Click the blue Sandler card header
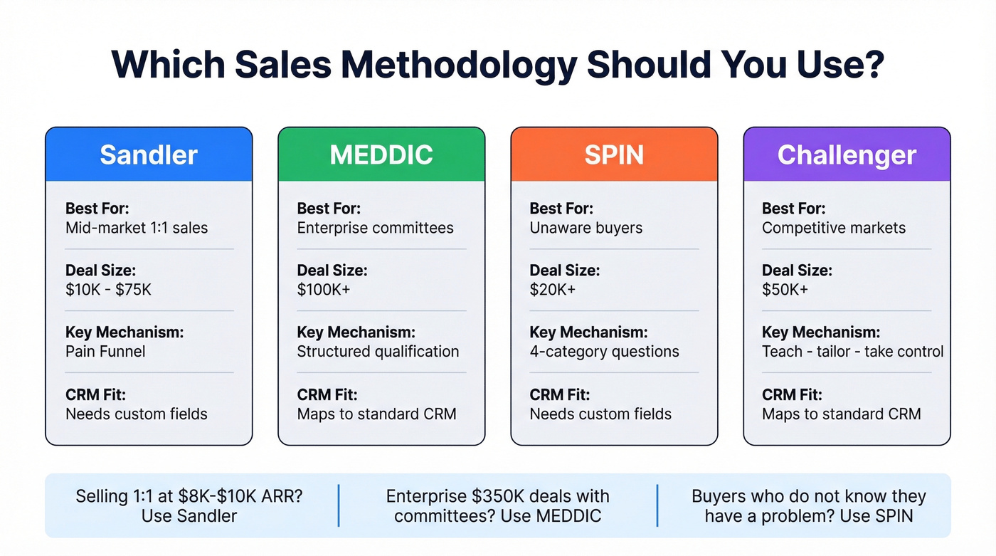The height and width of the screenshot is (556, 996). click(x=149, y=154)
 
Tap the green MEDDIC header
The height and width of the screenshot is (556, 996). click(x=381, y=154)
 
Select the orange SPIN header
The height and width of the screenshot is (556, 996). click(x=614, y=154)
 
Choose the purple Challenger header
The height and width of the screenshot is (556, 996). click(x=847, y=154)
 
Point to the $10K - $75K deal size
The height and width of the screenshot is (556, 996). click(x=109, y=290)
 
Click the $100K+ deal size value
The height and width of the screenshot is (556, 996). click(x=324, y=290)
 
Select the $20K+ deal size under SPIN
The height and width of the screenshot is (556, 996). click(x=553, y=290)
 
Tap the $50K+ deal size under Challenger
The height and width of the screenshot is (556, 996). click(x=785, y=290)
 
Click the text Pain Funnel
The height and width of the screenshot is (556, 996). click(x=105, y=352)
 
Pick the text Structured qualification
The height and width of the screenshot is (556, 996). click(x=378, y=352)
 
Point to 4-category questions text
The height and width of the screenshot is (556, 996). click(x=604, y=352)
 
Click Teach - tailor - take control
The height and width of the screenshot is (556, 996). click(x=852, y=352)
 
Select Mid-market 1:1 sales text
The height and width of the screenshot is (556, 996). click(x=137, y=228)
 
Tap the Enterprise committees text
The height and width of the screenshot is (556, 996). click(x=375, y=228)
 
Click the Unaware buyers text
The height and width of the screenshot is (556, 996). click(x=586, y=228)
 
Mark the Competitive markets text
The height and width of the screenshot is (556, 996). click(x=834, y=228)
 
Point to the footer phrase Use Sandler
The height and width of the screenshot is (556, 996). click(x=189, y=515)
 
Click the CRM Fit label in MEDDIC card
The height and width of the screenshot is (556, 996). click(x=327, y=394)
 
